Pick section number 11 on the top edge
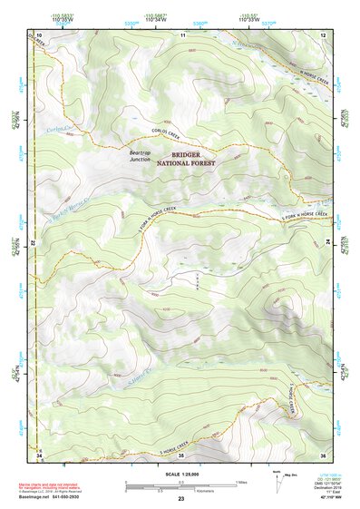click(x=182, y=34)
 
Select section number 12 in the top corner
click(x=323, y=34)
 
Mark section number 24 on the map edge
click(x=329, y=244)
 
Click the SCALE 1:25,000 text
click(x=181, y=473)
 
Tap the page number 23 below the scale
click(x=181, y=500)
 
